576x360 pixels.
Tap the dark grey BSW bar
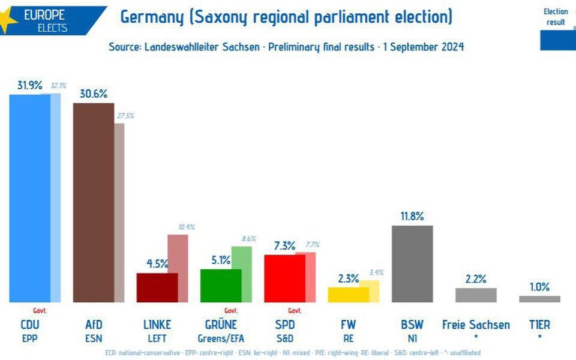(412, 264)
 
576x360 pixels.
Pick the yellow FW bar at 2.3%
(348, 295)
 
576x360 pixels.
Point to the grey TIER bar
(539, 299)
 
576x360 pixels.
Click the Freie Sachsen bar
(476, 295)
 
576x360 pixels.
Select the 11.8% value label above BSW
(412, 216)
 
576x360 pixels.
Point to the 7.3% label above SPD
(285, 245)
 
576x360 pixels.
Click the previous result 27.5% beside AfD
(125, 116)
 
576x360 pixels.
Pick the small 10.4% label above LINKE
(187, 227)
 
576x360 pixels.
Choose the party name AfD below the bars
(94, 325)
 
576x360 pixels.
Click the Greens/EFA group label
(221, 338)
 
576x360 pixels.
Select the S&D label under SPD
(285, 338)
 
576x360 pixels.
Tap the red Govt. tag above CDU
(40, 311)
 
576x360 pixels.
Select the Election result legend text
(556, 17)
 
